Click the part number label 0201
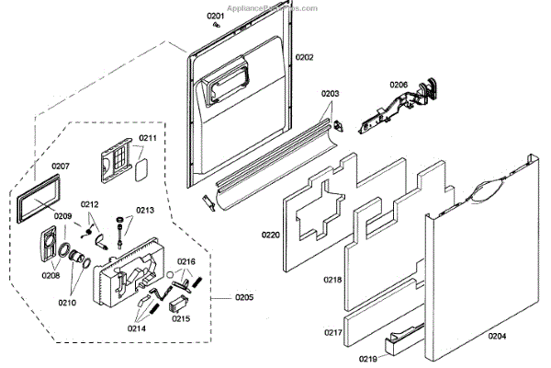214,17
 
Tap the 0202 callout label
305,57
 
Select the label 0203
331,94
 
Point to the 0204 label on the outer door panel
497,337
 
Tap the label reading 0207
61,167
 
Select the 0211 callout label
147,139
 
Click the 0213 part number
146,211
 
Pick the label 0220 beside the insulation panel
270,235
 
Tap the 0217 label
332,332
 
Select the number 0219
367,358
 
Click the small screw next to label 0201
215,27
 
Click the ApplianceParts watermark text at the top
275,6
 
